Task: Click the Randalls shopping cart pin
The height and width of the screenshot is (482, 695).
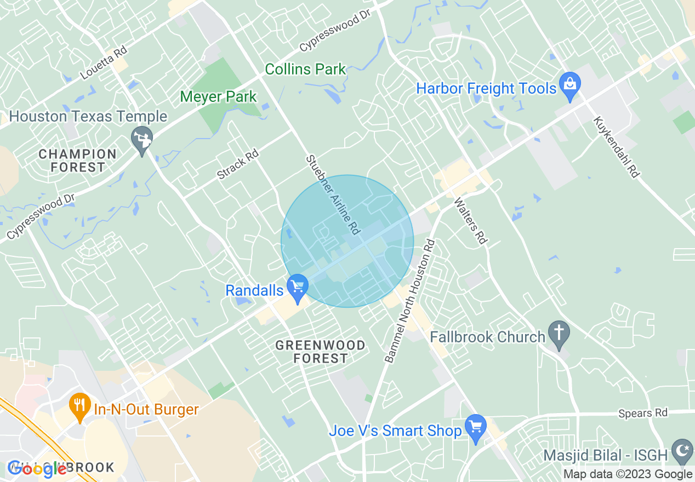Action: [x=298, y=288]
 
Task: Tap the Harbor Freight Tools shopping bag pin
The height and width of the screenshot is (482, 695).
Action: [x=570, y=86]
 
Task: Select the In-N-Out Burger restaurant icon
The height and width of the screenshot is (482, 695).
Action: [x=80, y=406]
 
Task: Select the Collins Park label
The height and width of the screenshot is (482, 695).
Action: [x=305, y=69]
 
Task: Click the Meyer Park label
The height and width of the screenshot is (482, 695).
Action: [x=218, y=97]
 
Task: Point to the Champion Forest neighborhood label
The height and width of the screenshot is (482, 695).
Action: [x=77, y=160]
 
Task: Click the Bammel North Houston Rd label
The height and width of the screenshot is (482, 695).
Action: [x=409, y=301]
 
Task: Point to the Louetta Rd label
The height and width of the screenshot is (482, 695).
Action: [x=104, y=62]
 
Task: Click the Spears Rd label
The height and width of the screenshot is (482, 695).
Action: [x=643, y=412]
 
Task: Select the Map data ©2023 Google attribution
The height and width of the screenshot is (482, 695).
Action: [x=628, y=474]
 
